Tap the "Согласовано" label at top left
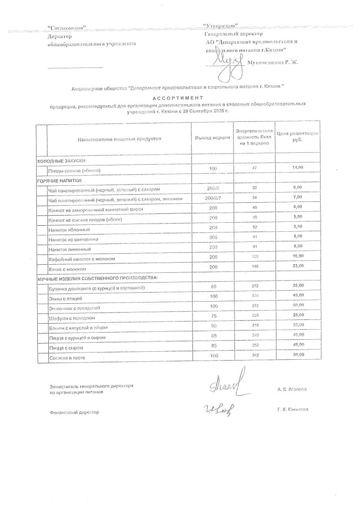click(67, 28)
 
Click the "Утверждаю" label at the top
click(220, 26)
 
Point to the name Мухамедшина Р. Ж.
click(275, 62)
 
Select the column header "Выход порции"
click(212, 138)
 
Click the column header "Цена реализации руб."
click(297, 137)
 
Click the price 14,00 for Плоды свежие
click(298, 168)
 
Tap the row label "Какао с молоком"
click(68, 269)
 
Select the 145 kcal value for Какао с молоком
click(254, 266)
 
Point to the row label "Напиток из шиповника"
click(74, 240)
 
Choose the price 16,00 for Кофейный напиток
click(298, 256)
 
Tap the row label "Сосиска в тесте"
click(67, 358)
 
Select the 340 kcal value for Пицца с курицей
click(254, 335)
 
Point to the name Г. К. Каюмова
click(293, 410)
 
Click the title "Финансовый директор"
click(74, 412)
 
